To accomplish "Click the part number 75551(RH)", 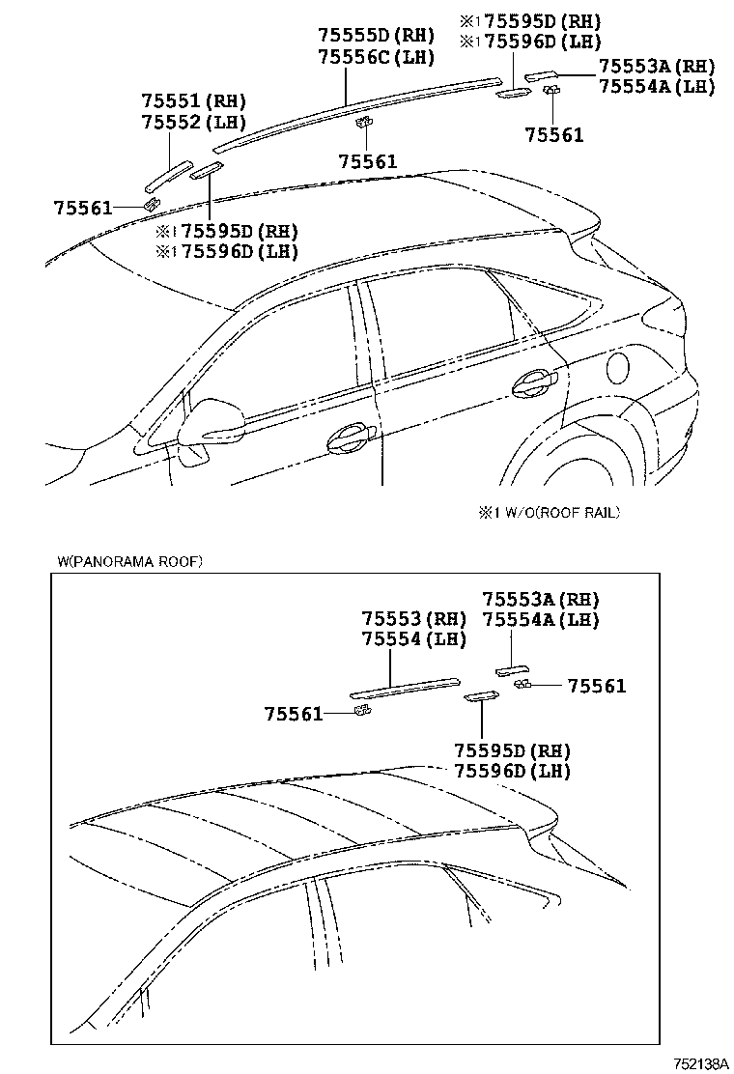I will tap(193, 100).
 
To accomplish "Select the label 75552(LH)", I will tap(193, 122).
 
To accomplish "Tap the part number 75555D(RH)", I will tap(376, 36).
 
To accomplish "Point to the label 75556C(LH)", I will tap(376, 57).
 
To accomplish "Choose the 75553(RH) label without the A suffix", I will tap(414, 618).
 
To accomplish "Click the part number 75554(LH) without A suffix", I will tap(414, 638).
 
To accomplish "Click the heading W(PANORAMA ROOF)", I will tap(129, 560).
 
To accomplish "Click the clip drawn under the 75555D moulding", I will tap(365, 122).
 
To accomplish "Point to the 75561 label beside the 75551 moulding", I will tap(83, 207).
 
